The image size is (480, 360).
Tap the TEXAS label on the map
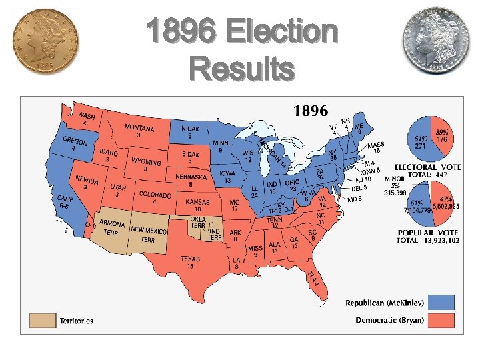coord(190,259)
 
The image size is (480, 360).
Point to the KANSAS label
coord(197,201)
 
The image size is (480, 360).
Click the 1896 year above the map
coord(309,109)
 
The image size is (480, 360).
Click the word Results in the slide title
coord(241,68)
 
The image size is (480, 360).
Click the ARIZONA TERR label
coord(112,227)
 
